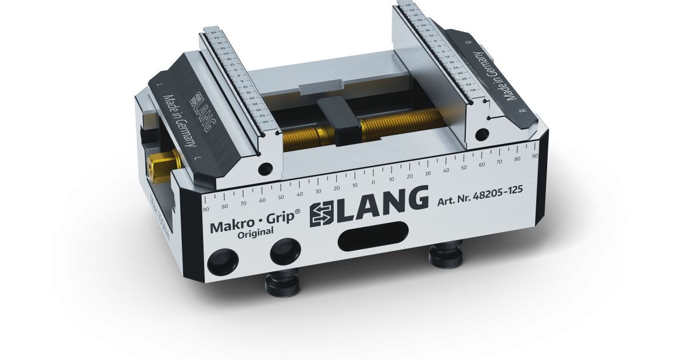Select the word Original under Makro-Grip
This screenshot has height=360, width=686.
[255, 233]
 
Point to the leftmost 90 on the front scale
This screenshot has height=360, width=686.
[206, 209]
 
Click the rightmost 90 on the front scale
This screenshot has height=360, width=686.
[535, 155]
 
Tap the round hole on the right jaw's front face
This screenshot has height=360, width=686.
[482, 135]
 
